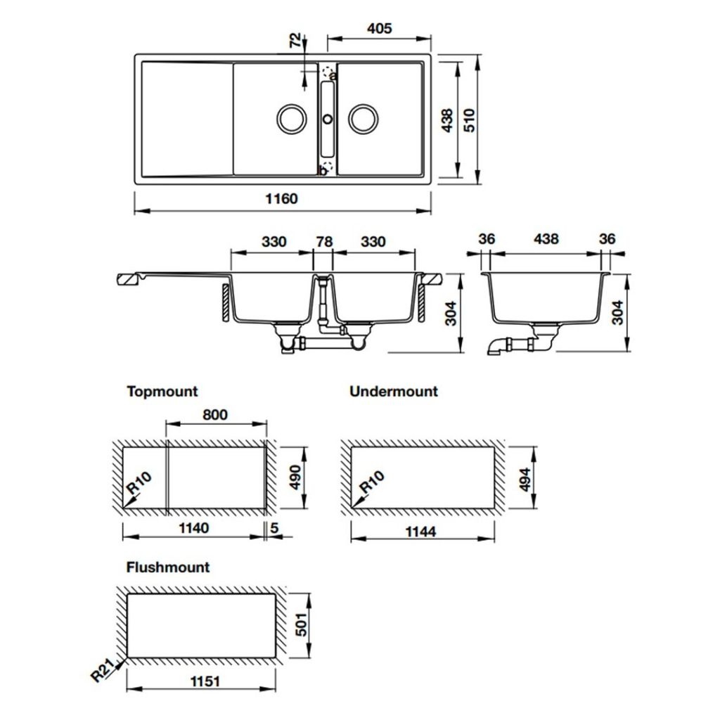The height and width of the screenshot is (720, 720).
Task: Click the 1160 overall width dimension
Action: [x=281, y=199]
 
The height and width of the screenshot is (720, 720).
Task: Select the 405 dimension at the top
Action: [x=379, y=29]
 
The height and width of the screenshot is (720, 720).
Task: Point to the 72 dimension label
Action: [x=296, y=41]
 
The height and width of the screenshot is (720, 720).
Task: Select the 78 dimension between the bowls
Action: [x=323, y=241]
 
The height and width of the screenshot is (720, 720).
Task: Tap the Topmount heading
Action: [x=162, y=391]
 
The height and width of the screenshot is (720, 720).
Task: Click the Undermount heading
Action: [x=393, y=391]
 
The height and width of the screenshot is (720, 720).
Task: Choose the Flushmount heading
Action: [x=168, y=567]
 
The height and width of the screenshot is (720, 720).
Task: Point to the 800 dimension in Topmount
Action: [x=215, y=414]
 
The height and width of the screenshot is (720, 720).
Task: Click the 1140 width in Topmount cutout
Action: [x=193, y=528]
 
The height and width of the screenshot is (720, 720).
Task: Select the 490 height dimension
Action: [x=295, y=476]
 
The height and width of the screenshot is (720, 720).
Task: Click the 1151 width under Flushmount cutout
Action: [x=201, y=681]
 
